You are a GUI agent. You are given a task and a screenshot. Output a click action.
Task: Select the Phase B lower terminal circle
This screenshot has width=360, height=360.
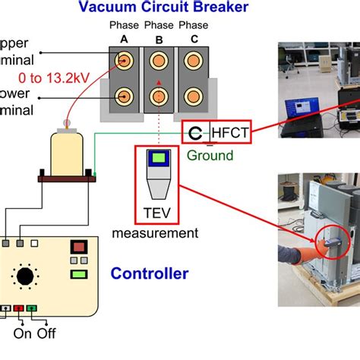pyautogui.click(x=157, y=97)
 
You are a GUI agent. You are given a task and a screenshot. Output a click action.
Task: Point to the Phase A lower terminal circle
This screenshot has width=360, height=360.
pyautogui.click(x=123, y=97)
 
